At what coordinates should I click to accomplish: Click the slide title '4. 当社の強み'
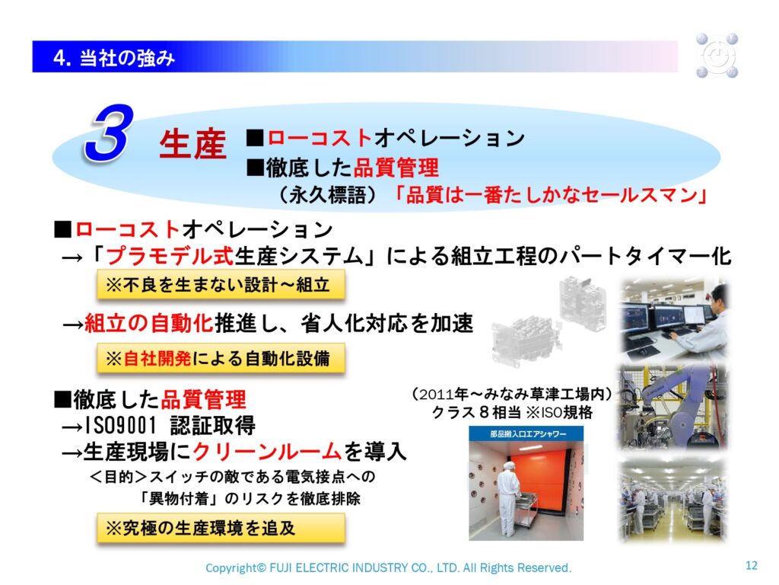(x=114, y=58)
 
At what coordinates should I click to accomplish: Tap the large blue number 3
(x=110, y=133)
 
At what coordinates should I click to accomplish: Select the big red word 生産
(x=192, y=144)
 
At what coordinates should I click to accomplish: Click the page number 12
(x=751, y=565)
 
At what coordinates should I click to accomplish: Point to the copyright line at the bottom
(x=389, y=567)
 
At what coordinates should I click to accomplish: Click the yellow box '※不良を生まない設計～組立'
(x=221, y=285)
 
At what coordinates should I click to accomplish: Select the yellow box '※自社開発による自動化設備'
(x=221, y=358)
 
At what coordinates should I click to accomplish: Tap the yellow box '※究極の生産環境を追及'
(x=221, y=528)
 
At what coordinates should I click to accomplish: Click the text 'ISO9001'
(x=121, y=425)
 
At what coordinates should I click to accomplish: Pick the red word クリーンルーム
(x=267, y=452)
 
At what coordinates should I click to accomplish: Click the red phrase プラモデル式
(x=170, y=256)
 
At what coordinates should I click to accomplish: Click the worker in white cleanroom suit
(x=508, y=497)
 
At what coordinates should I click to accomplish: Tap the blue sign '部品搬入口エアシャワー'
(x=526, y=433)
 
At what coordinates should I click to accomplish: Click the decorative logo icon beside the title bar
(x=717, y=56)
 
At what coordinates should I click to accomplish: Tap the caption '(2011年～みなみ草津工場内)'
(x=512, y=394)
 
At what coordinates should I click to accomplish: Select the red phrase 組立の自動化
(x=148, y=323)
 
